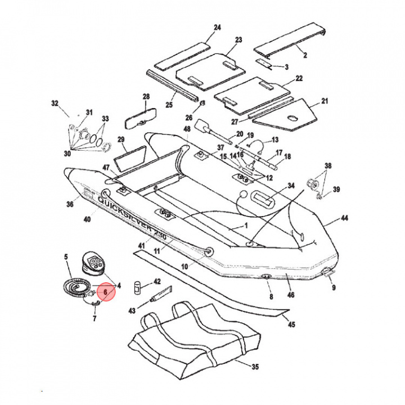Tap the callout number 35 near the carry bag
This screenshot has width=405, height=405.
pos(255,367)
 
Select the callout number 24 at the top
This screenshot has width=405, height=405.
pos(218,28)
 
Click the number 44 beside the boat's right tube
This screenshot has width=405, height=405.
pos(344,218)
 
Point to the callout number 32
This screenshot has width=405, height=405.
pos(55,103)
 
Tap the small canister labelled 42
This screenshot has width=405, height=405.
pos(136,287)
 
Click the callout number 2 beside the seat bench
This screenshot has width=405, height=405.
pos(305,55)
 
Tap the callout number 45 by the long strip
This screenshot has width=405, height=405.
pos(291,325)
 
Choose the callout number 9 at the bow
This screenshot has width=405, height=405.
pos(334,288)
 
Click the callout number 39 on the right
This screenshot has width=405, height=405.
pos(336,189)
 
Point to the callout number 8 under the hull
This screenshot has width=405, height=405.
pos(271,296)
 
